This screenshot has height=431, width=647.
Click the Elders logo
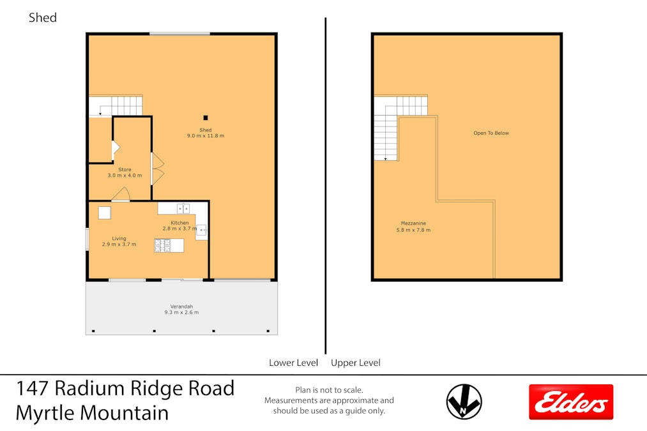571,402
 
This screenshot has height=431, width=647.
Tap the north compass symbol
464,402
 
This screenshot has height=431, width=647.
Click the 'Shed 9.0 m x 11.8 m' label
206,133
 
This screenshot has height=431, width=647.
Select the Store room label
125,172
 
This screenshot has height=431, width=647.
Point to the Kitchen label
179,225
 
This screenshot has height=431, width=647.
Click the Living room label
119,241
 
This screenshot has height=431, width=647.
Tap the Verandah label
181,309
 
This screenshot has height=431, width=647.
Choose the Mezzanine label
413,227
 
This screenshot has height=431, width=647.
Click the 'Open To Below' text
491,133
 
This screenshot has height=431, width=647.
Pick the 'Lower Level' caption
293,363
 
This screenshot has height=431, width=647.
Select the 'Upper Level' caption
356,363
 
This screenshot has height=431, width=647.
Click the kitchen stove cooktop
162,245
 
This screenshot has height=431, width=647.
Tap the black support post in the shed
206,118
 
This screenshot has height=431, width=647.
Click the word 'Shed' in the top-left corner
43,18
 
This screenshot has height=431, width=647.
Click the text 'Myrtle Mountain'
92,413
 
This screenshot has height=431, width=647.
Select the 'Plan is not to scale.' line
329,389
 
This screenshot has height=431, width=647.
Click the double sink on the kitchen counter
183,209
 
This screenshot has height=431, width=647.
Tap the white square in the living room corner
104,213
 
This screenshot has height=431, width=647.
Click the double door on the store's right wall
158,169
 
